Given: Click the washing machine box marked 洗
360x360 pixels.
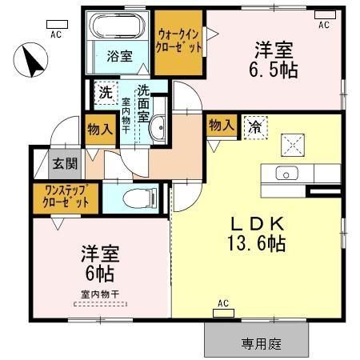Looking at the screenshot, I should click(105, 92).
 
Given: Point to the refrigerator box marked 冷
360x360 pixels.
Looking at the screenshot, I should click(254, 126).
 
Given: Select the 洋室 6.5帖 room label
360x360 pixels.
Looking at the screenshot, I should click(276, 60).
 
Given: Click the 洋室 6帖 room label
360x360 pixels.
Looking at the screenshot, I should click(98, 265).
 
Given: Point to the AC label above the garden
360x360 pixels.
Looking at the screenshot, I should click(223, 307).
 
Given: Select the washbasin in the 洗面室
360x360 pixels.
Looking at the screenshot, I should click(158, 126).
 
